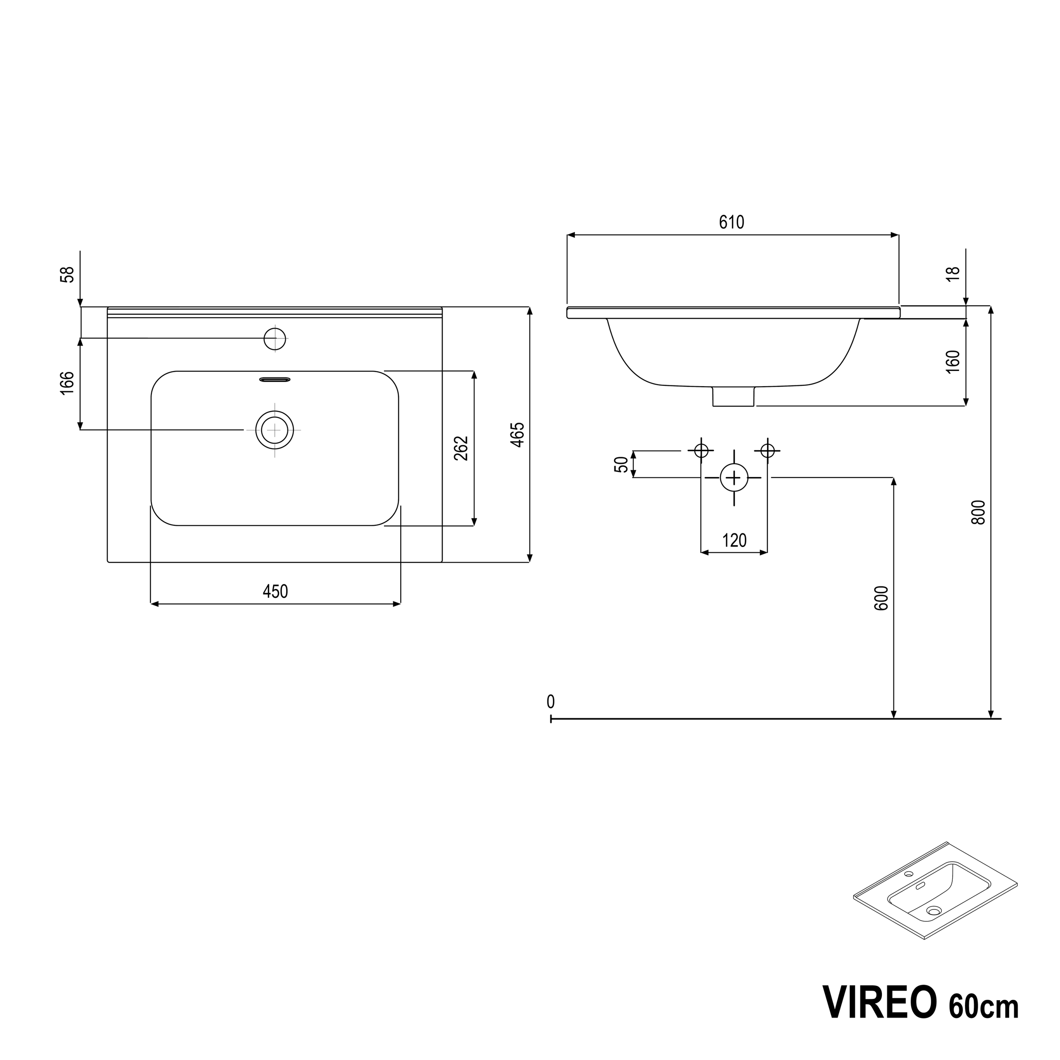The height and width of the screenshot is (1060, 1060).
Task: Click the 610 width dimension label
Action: point(731,222)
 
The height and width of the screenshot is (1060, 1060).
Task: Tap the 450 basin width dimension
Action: point(275,591)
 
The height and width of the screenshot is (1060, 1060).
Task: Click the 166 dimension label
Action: point(67,383)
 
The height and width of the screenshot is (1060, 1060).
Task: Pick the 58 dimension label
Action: point(67,274)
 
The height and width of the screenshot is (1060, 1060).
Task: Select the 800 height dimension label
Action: point(978,512)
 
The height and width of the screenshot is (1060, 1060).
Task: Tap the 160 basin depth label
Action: point(954,362)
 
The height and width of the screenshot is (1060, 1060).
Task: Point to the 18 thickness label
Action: point(954,274)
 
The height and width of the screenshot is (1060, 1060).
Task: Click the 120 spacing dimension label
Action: point(734,541)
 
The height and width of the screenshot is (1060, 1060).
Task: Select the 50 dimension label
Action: point(621,464)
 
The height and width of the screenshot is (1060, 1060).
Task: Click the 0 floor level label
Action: point(550,702)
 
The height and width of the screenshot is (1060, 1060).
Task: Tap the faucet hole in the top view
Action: point(275,338)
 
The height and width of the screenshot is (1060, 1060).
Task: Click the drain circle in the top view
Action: point(274,430)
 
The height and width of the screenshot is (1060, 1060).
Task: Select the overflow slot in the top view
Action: point(274,379)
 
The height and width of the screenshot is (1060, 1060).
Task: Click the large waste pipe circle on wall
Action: point(734,478)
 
